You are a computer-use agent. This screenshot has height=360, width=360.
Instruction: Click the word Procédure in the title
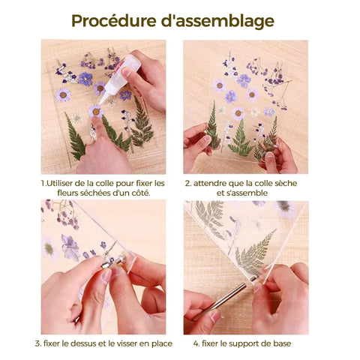pyautogui.click(x=114, y=21)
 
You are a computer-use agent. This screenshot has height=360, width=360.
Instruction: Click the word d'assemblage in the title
pyautogui.click(x=217, y=21)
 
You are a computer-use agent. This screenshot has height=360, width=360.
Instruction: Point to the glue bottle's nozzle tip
pyautogui.click(x=100, y=103)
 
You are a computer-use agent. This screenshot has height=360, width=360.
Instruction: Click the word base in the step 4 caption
pyautogui.click(x=282, y=343)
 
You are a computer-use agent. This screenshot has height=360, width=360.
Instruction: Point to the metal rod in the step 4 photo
pyautogui.click(x=220, y=302)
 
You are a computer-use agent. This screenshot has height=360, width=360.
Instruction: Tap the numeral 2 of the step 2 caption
pyautogui.click(x=187, y=183)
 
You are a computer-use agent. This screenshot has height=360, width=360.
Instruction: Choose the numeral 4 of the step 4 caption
pyautogui.click(x=196, y=343)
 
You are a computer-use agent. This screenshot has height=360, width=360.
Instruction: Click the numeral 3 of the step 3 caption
pyautogui.click(x=37, y=343)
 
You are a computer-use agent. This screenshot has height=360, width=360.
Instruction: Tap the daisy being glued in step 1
pyautogui.click(x=96, y=111)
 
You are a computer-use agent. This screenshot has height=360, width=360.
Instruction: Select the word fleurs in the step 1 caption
pyautogui.click(x=67, y=193)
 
